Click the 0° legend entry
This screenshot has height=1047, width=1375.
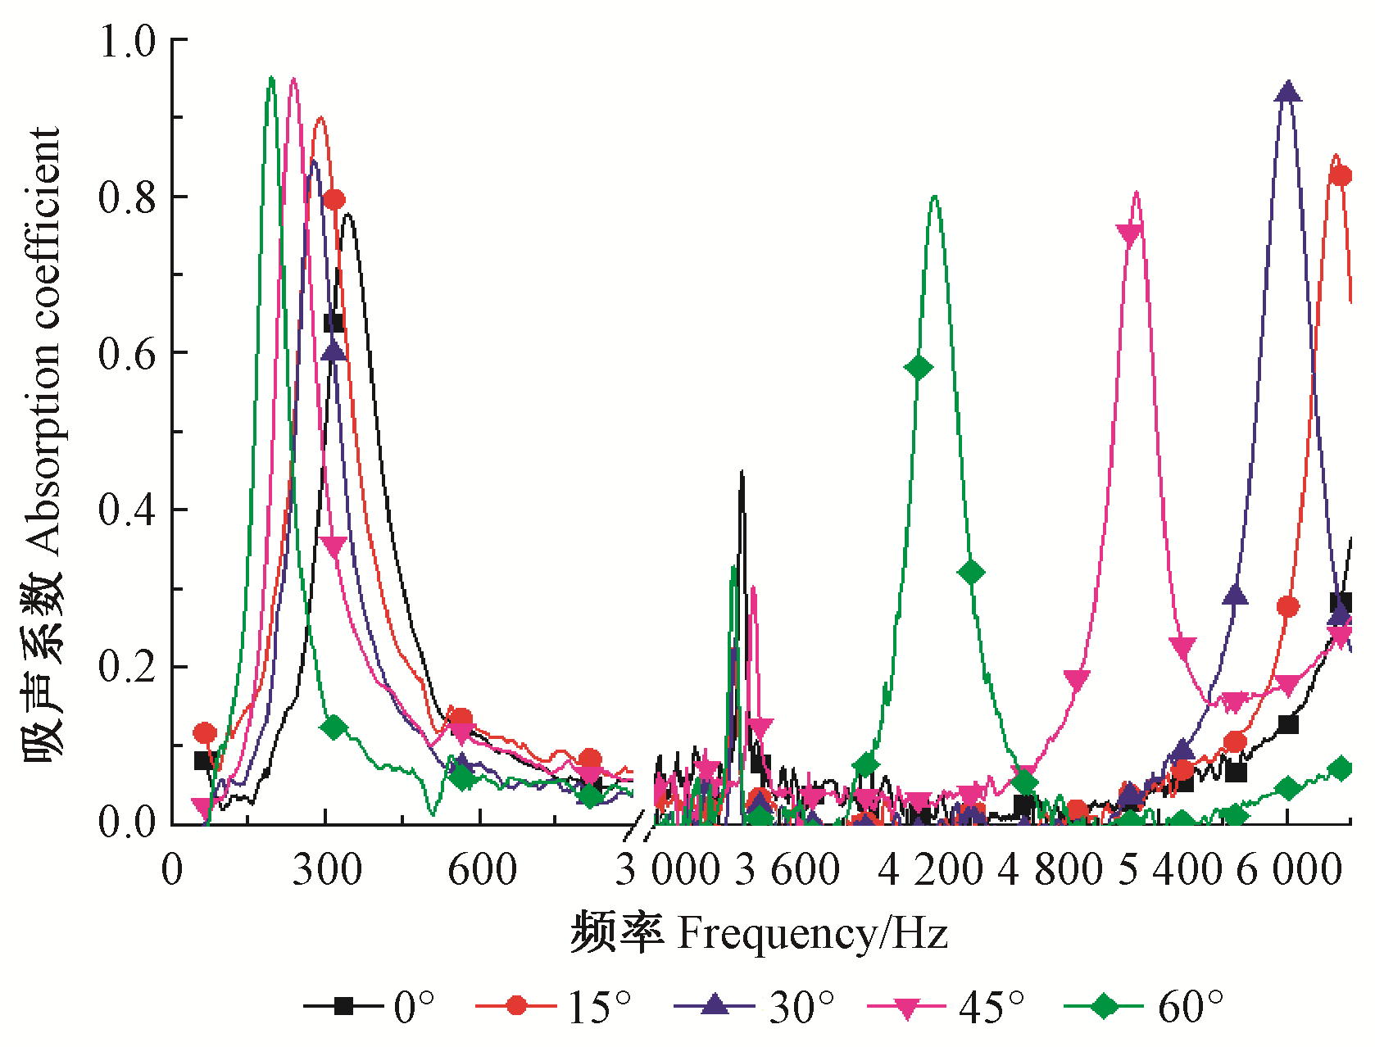click(x=369, y=1005)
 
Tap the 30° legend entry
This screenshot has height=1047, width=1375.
click(x=754, y=1005)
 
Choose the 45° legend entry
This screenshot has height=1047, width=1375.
click(x=946, y=1005)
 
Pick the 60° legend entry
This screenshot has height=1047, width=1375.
click(x=1144, y=1005)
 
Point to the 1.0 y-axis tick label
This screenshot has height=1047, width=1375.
click(x=127, y=41)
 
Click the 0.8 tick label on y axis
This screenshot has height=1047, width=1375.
click(x=127, y=197)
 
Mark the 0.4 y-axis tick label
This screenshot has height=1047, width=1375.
click(x=127, y=510)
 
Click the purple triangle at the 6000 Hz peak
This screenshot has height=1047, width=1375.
click(x=1287, y=92)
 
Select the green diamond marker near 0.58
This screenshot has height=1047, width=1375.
click(x=919, y=367)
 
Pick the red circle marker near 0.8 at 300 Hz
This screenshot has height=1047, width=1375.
click(x=334, y=199)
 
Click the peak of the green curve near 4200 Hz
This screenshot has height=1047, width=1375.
click(x=934, y=196)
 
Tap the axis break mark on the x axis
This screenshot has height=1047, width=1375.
click(x=639, y=829)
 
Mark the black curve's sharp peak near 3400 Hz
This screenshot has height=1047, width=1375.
click(x=742, y=473)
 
